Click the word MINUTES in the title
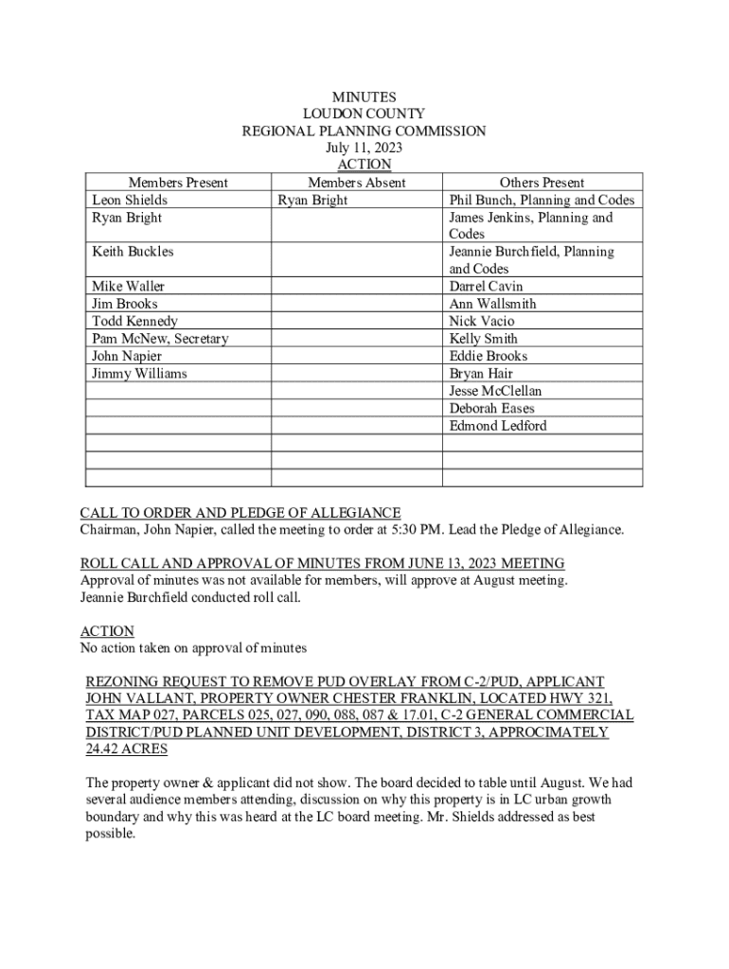pos(364,97)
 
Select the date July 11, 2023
pos(364,148)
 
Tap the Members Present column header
pos(178,183)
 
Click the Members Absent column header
pos(356,183)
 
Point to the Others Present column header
pos(542,183)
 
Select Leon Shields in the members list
pos(130,200)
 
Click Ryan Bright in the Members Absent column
pos(312,200)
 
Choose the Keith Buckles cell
pos(133,252)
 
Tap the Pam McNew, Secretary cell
pos(160,339)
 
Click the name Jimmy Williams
pos(139,374)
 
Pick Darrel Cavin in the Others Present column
pos(486,287)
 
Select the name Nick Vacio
pos(482,322)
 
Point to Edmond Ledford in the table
pos(497,426)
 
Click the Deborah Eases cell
pos(491,409)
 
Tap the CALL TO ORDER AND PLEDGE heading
pos(240,513)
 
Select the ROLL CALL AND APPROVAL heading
pos(322,563)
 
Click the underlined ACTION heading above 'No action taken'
pos(107,631)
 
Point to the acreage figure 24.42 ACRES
pos(127,749)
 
